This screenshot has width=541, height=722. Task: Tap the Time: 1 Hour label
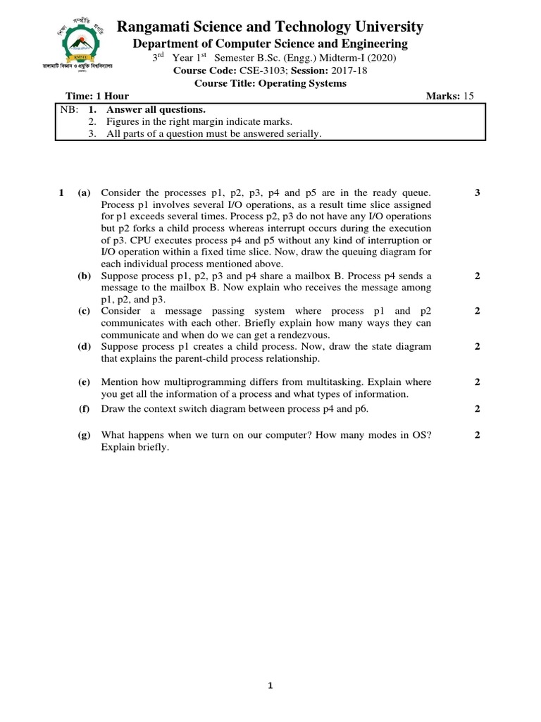pyautogui.click(x=97, y=96)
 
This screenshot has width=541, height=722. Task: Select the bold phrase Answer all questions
pyautogui.click(x=156, y=109)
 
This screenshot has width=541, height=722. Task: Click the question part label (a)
pyautogui.click(x=85, y=192)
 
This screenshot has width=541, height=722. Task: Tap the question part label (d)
pyautogui.click(x=85, y=347)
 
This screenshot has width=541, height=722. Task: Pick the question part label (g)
pyautogui.click(x=85, y=435)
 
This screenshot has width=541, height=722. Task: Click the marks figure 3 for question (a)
pyautogui.click(x=477, y=192)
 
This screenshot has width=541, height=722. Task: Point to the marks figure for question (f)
pyautogui.click(x=477, y=408)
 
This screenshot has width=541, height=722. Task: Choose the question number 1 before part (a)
pyautogui.click(x=62, y=192)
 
